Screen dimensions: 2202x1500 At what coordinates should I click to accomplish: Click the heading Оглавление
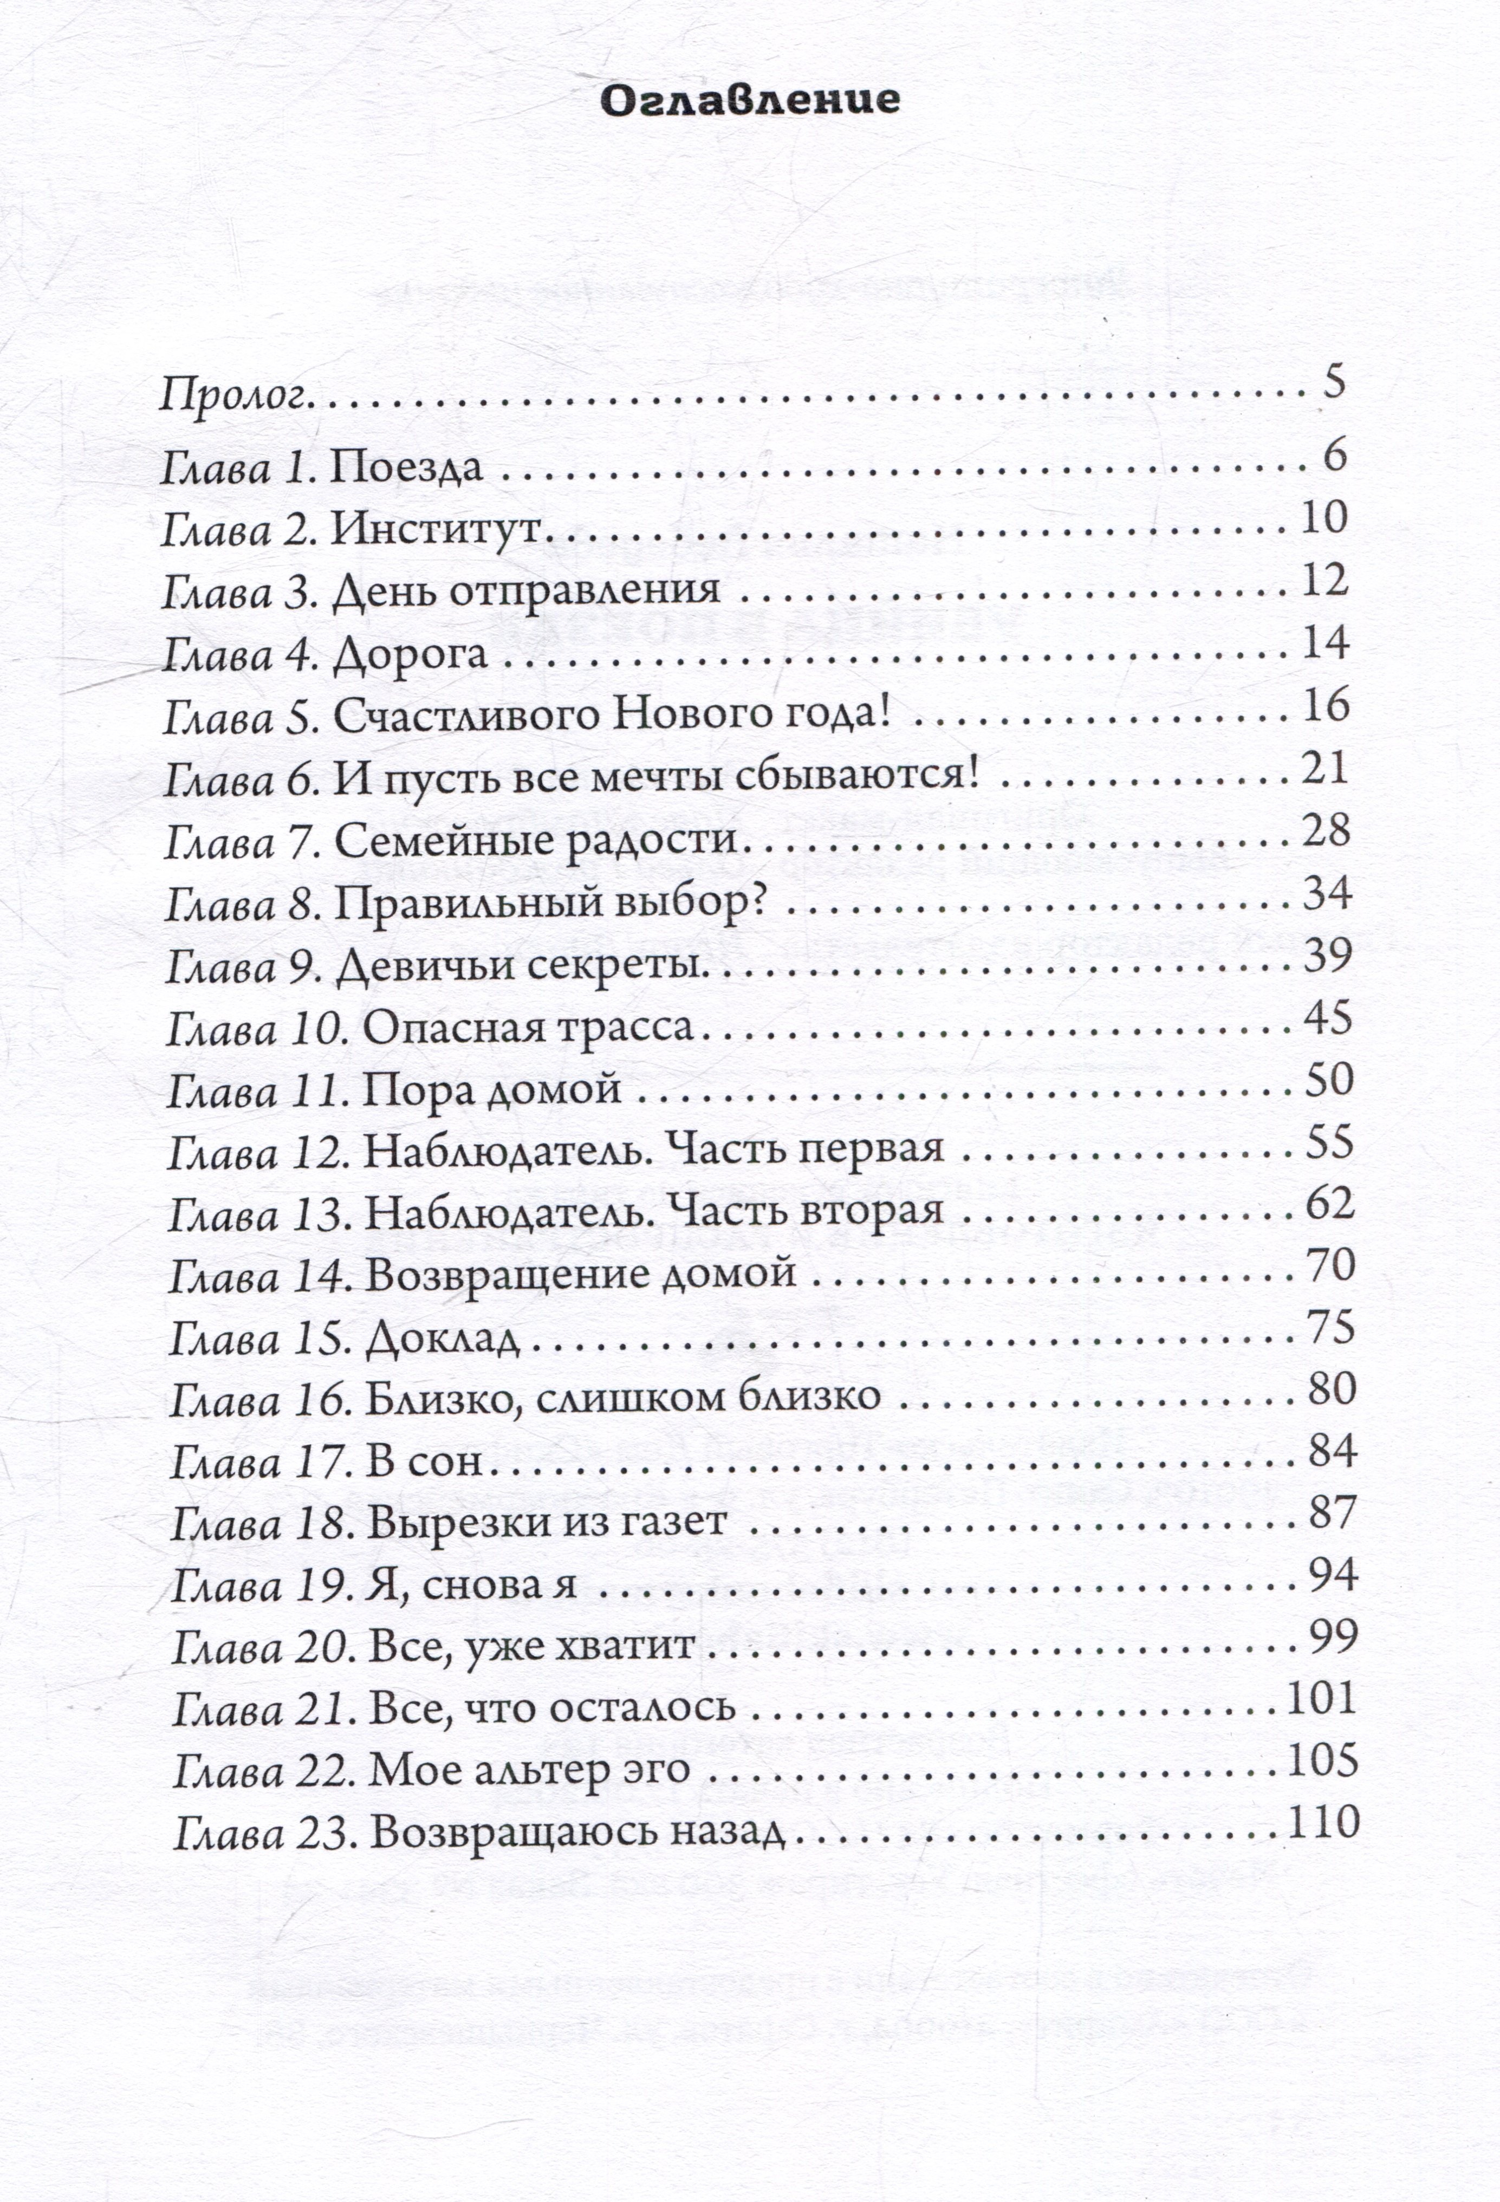[x=750, y=100]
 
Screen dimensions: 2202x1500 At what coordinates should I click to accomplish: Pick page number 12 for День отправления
[x=1324, y=580]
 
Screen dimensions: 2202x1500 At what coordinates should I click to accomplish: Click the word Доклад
[x=443, y=1339]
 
